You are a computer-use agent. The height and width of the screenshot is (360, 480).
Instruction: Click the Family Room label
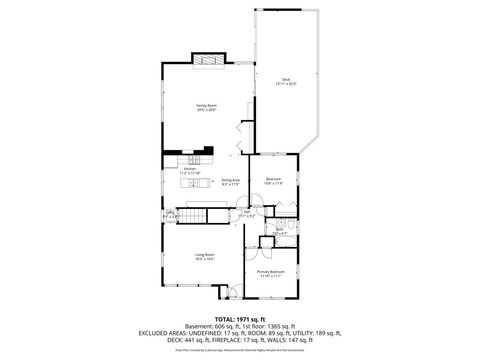[207, 104]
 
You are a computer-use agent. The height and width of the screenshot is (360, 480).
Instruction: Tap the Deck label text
[286, 78]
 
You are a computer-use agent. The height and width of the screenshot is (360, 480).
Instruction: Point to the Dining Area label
[229, 180]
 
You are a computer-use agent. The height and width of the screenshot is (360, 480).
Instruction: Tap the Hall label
[247, 211]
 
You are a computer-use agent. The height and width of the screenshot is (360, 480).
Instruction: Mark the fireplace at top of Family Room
[208, 59]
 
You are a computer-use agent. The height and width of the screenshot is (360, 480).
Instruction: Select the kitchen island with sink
[192, 159]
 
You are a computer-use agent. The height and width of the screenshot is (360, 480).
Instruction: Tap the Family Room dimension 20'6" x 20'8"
[207, 110]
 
